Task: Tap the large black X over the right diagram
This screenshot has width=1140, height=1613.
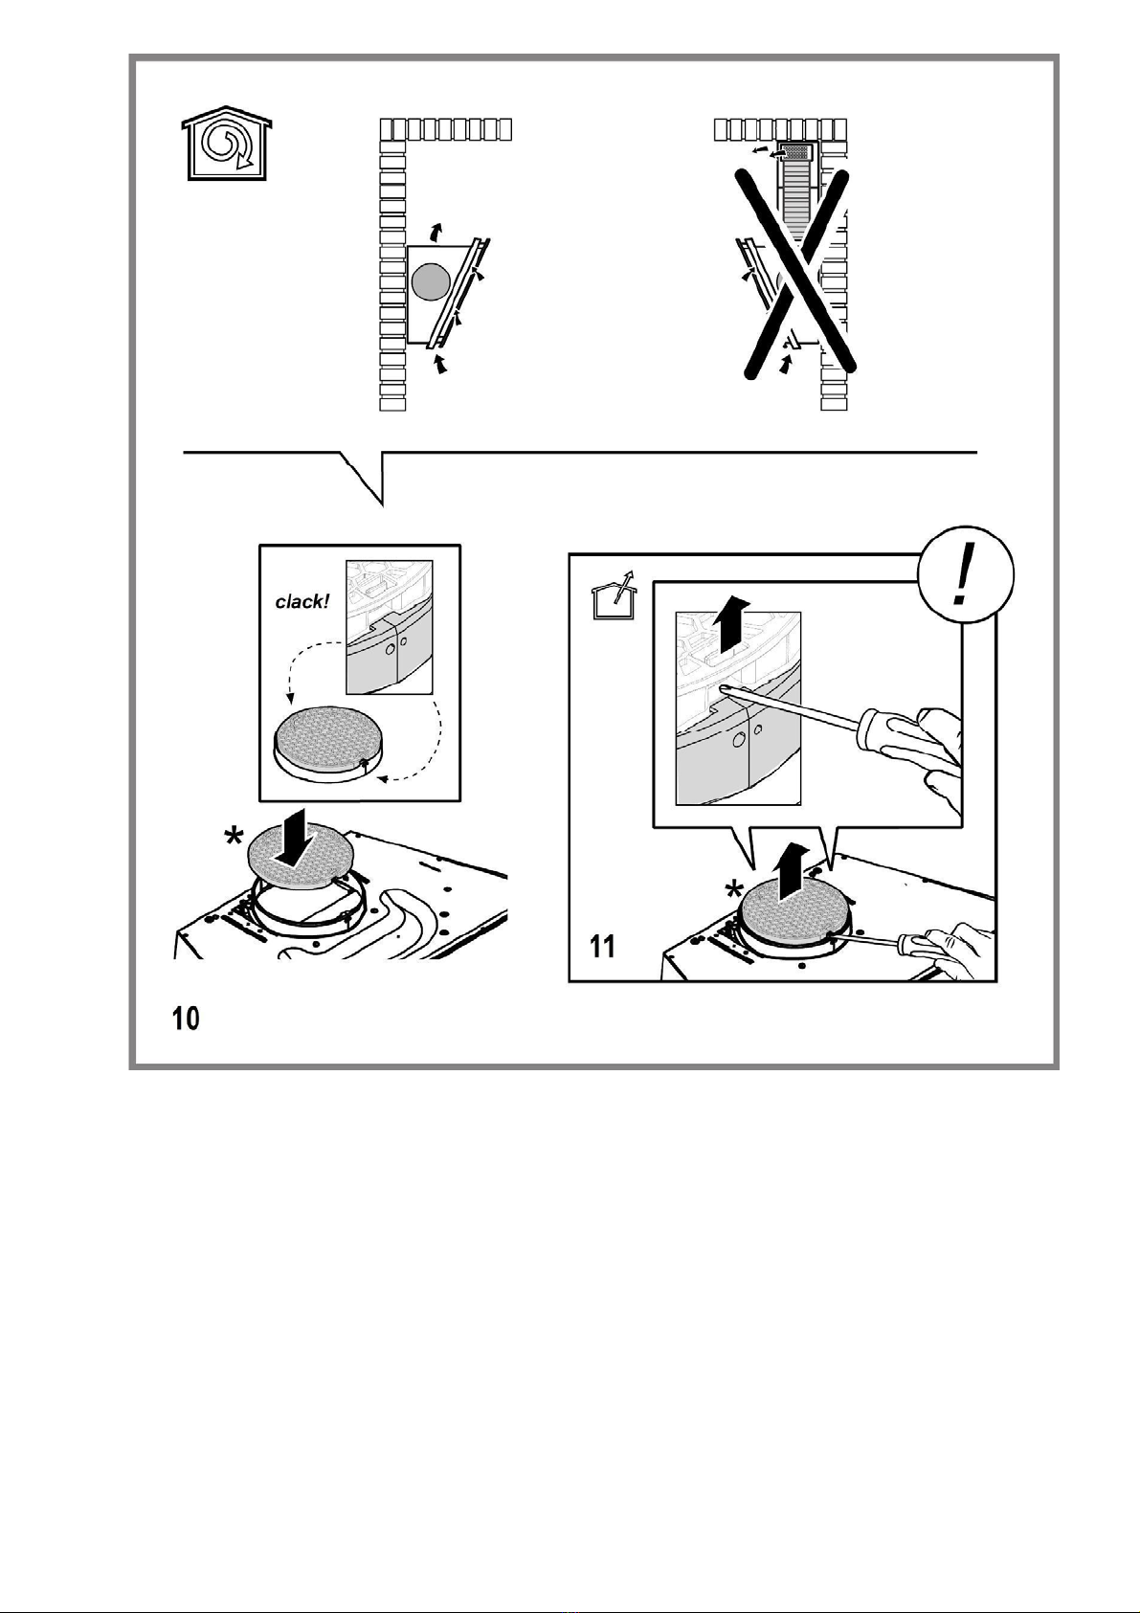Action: coord(798,274)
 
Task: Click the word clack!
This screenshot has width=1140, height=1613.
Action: coord(302,601)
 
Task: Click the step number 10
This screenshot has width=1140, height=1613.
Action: coord(186,1019)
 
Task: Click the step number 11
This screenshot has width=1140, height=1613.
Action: coord(603,946)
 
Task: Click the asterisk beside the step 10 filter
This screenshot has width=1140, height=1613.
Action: coord(234,838)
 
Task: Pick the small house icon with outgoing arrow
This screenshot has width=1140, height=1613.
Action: coord(612,594)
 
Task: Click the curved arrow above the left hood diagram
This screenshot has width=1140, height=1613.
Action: coord(435,231)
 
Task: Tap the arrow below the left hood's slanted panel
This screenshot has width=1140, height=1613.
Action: coord(441,363)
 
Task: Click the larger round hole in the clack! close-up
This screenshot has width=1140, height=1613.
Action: coord(391,649)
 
